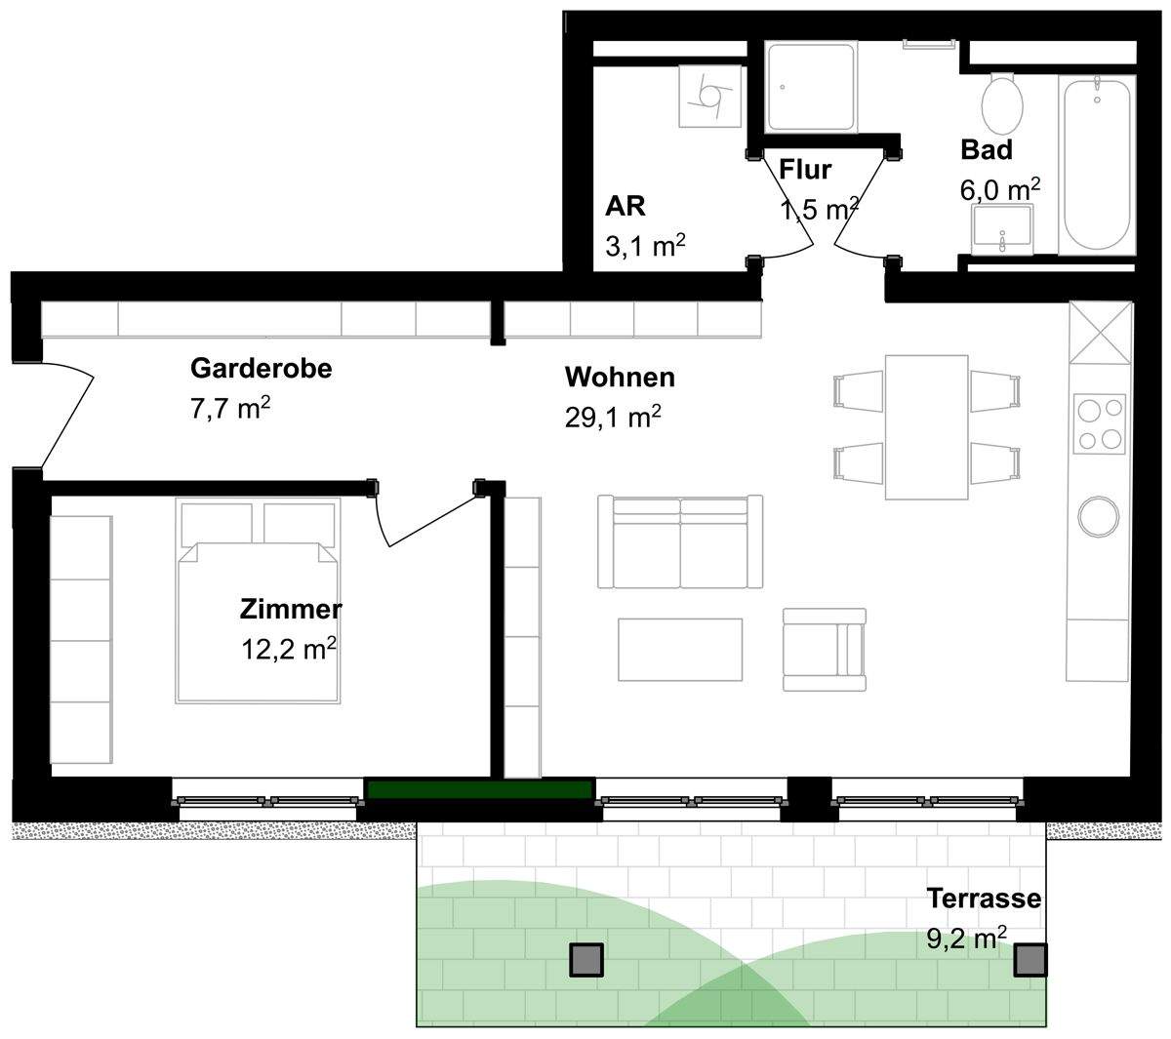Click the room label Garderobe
[x=261, y=369]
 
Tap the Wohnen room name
[x=620, y=378]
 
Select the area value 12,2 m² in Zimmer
[x=289, y=649]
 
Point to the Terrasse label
[x=984, y=898]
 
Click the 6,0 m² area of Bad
[x=1000, y=189]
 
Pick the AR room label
[x=626, y=206]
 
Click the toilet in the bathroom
[x=1002, y=103]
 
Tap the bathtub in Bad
[x=1097, y=165]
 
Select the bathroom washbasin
[x=1002, y=229]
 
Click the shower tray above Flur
[x=811, y=87]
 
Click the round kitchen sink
[x=1098, y=516]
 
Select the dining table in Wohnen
[x=926, y=427]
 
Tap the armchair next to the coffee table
[x=825, y=650]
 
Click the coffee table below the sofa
[x=680, y=650]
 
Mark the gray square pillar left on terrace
[x=586, y=960]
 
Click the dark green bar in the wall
[x=480, y=789]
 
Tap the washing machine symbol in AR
[x=709, y=96]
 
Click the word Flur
[x=804, y=170]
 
